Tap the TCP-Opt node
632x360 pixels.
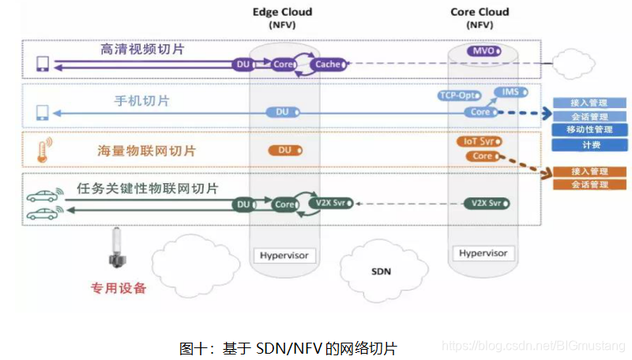[x=459, y=96]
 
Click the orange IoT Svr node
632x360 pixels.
[x=478, y=141]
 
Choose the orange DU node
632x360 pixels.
[x=284, y=150]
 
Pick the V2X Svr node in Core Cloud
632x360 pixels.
[x=486, y=203]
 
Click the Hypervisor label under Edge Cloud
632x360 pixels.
[x=284, y=255]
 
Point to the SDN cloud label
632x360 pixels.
[x=381, y=272]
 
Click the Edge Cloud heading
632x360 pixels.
[x=282, y=12]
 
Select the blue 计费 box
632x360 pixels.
[x=590, y=145]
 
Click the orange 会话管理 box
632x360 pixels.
[x=590, y=184]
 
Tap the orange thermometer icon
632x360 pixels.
[x=42, y=150]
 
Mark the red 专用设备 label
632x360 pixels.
[x=118, y=288]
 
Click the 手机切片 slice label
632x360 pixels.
[x=141, y=101]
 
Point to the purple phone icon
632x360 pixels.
[x=42, y=63]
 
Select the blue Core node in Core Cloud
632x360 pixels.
[x=480, y=112]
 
